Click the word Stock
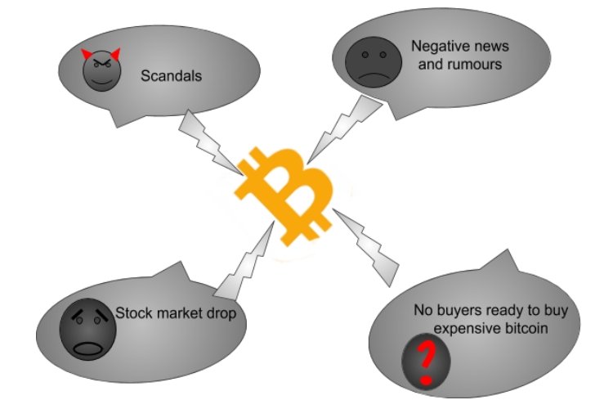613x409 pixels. (132, 312)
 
